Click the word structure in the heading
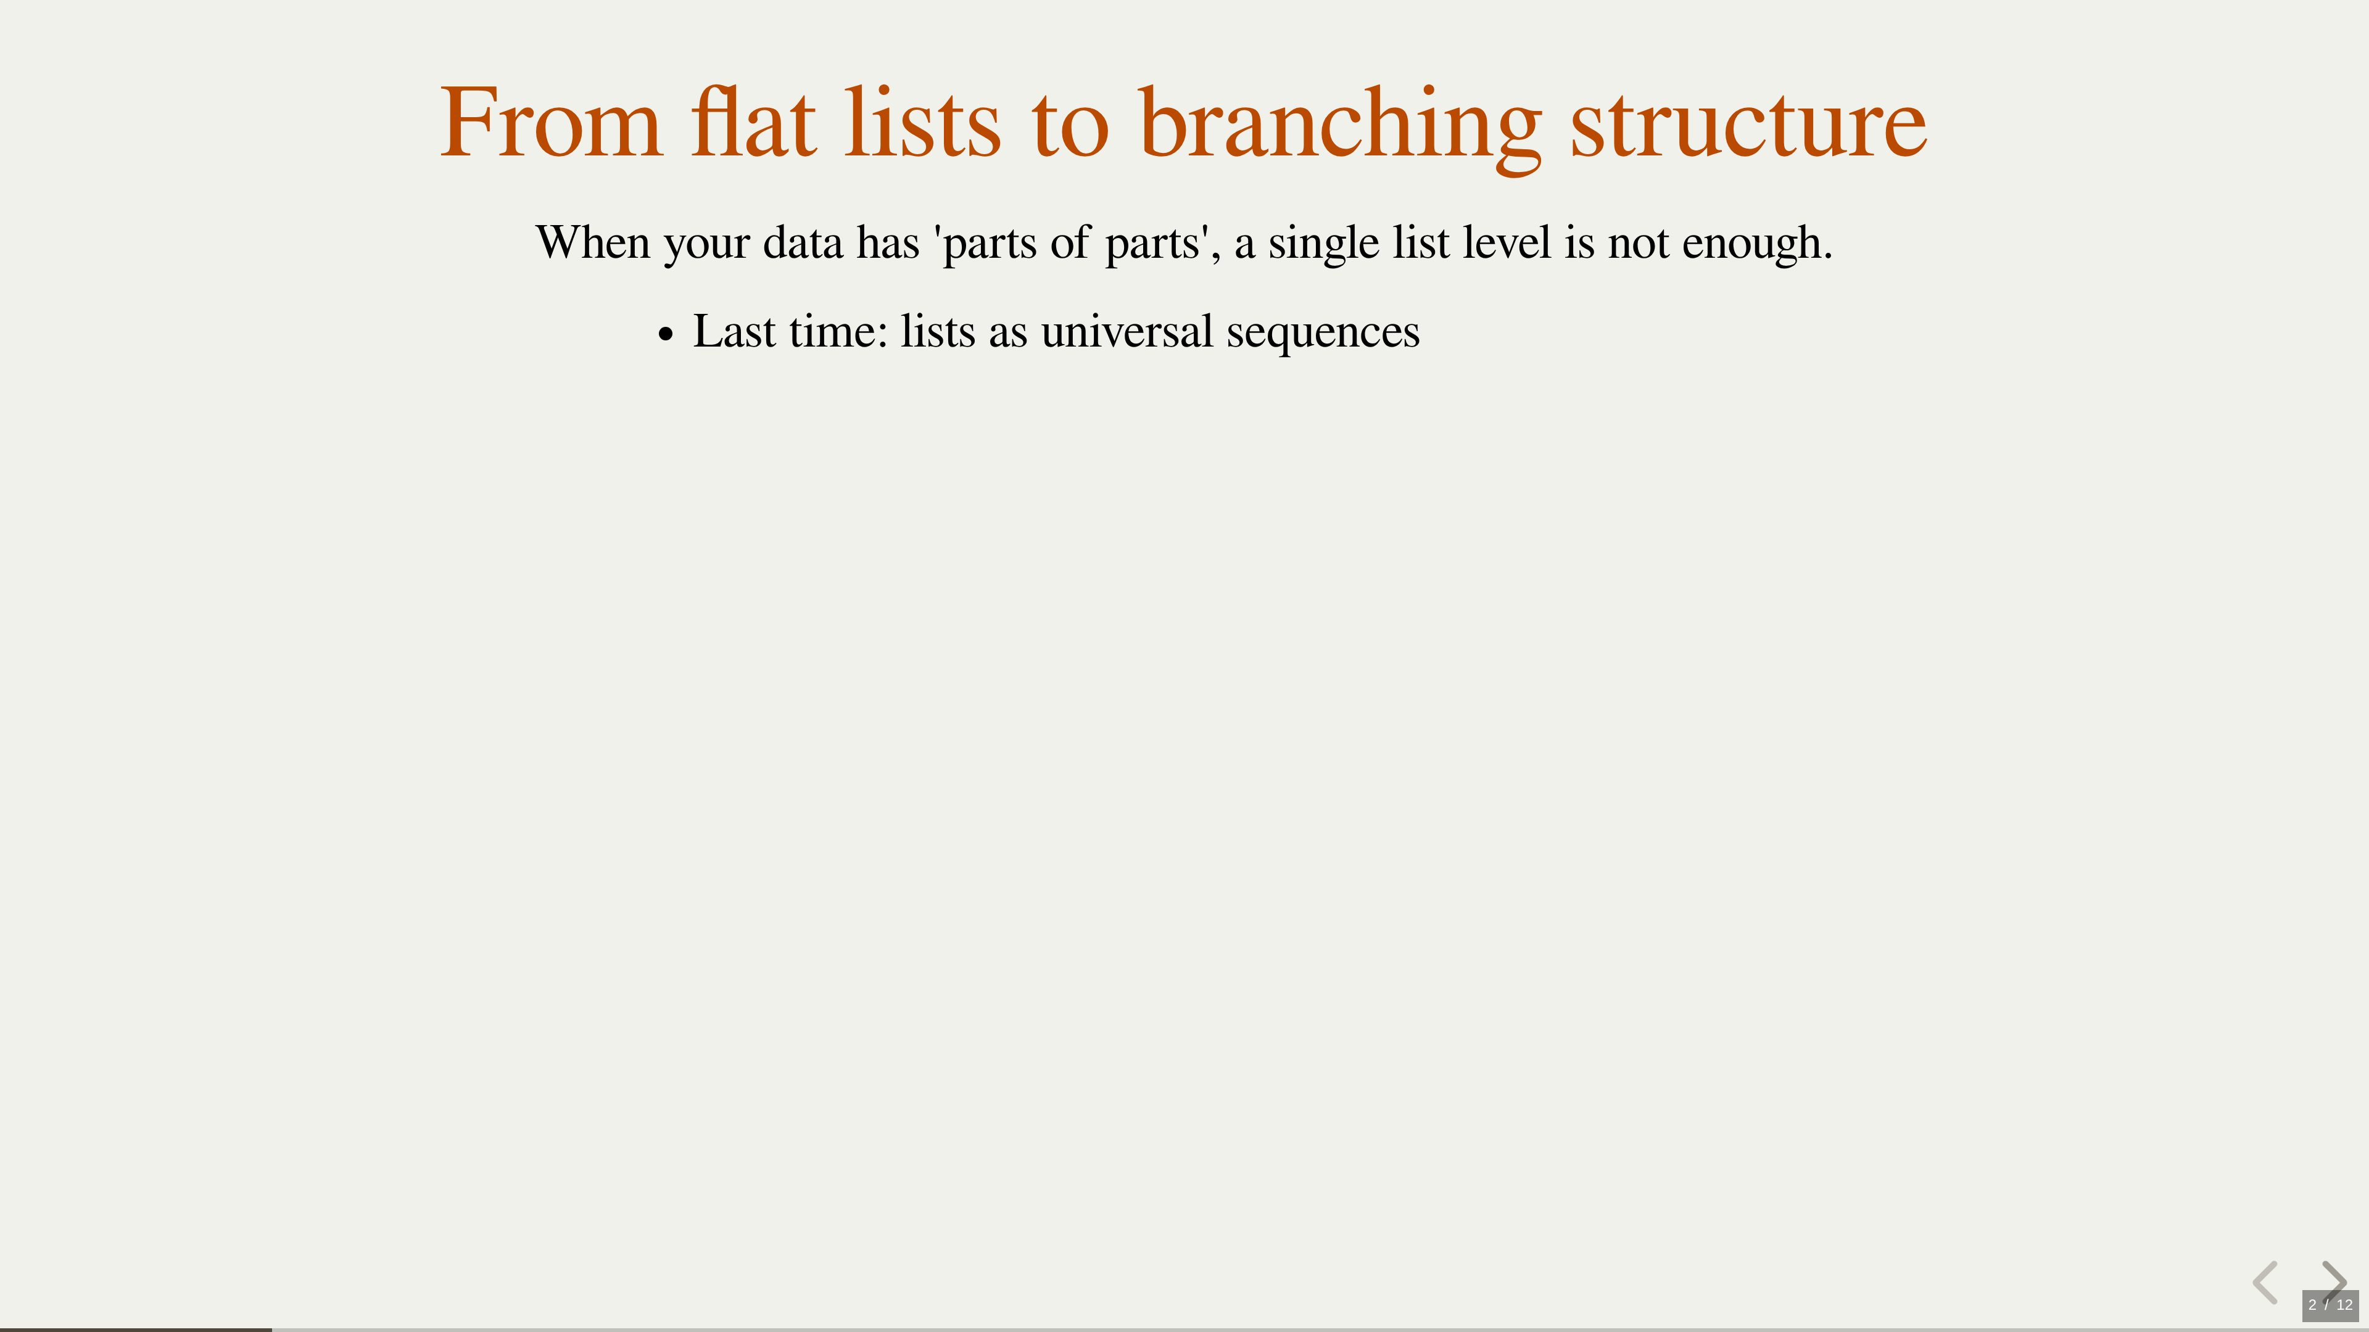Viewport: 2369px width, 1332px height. pos(1747,128)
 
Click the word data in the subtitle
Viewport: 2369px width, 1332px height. pos(803,243)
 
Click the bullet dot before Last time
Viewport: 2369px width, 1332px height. pos(666,335)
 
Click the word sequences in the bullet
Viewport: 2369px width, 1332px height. pos(1323,334)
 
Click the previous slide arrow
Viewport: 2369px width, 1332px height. pos(2266,1283)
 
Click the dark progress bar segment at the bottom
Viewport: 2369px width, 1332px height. pos(136,1330)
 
